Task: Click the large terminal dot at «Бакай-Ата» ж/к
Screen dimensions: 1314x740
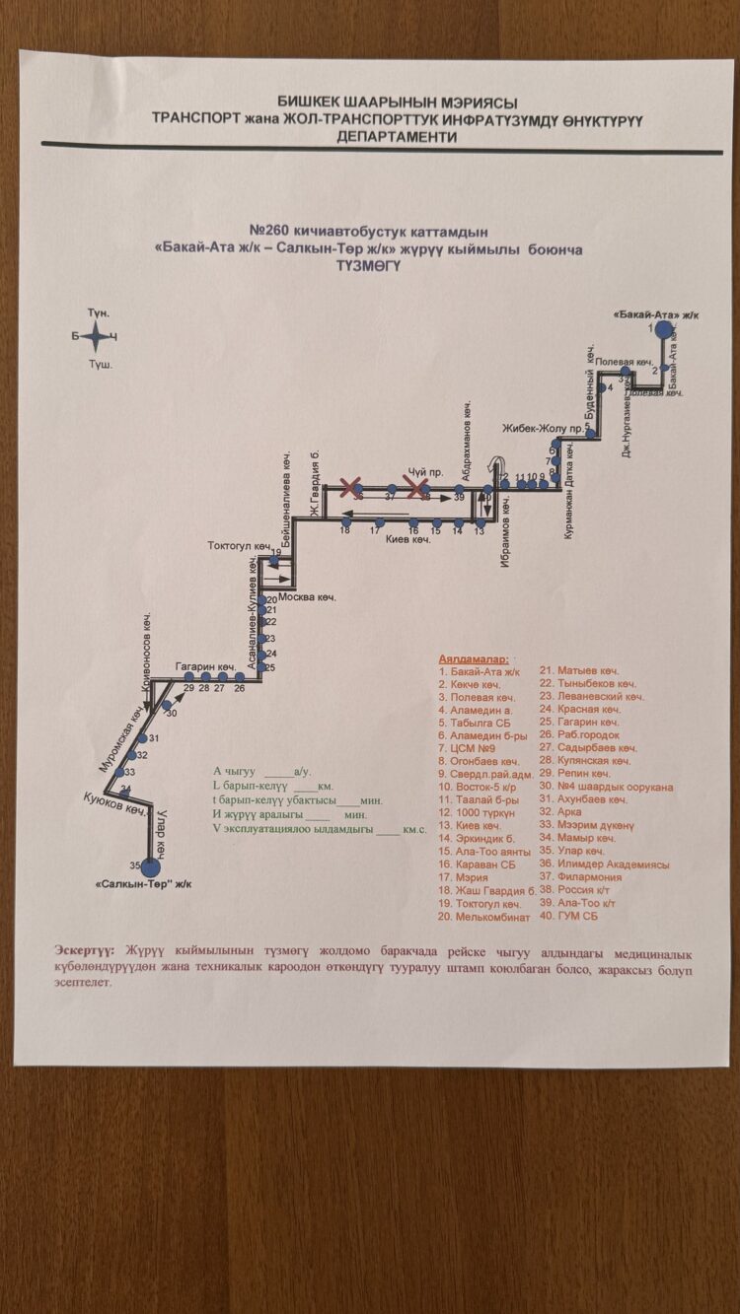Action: click(x=664, y=330)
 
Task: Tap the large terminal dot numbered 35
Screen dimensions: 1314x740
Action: click(x=150, y=867)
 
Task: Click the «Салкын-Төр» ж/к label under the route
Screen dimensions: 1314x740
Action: click(x=144, y=884)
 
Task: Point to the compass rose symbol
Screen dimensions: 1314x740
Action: click(x=97, y=337)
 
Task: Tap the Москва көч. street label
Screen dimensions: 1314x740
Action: click(x=307, y=598)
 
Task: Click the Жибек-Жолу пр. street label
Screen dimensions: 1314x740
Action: click(x=536, y=429)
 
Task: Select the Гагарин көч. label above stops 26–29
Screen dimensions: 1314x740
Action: click(x=204, y=665)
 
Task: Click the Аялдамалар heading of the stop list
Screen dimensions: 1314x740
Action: click(x=473, y=657)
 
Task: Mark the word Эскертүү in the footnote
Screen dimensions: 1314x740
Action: click(x=85, y=950)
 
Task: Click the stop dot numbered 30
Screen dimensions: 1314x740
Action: click(x=166, y=704)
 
